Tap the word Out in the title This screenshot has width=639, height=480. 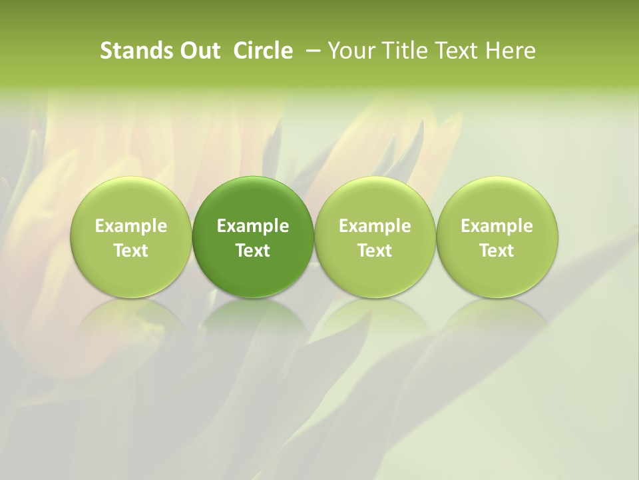tap(198, 51)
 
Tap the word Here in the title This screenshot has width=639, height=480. tap(511, 51)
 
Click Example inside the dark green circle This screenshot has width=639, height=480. tap(253, 226)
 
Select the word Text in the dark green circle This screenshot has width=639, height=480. tap(253, 251)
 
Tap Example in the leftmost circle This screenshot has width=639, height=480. tap(131, 226)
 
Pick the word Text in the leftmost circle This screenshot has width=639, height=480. tap(131, 251)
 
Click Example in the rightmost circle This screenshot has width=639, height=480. tap(497, 226)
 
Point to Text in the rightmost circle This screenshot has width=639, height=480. tap(497, 251)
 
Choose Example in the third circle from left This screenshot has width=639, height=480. tap(375, 226)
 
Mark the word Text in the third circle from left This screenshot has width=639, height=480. tap(375, 251)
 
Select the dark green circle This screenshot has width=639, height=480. tap(253, 200)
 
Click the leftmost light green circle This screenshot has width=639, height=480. tap(131, 200)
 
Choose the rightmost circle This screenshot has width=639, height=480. tap(497, 200)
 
